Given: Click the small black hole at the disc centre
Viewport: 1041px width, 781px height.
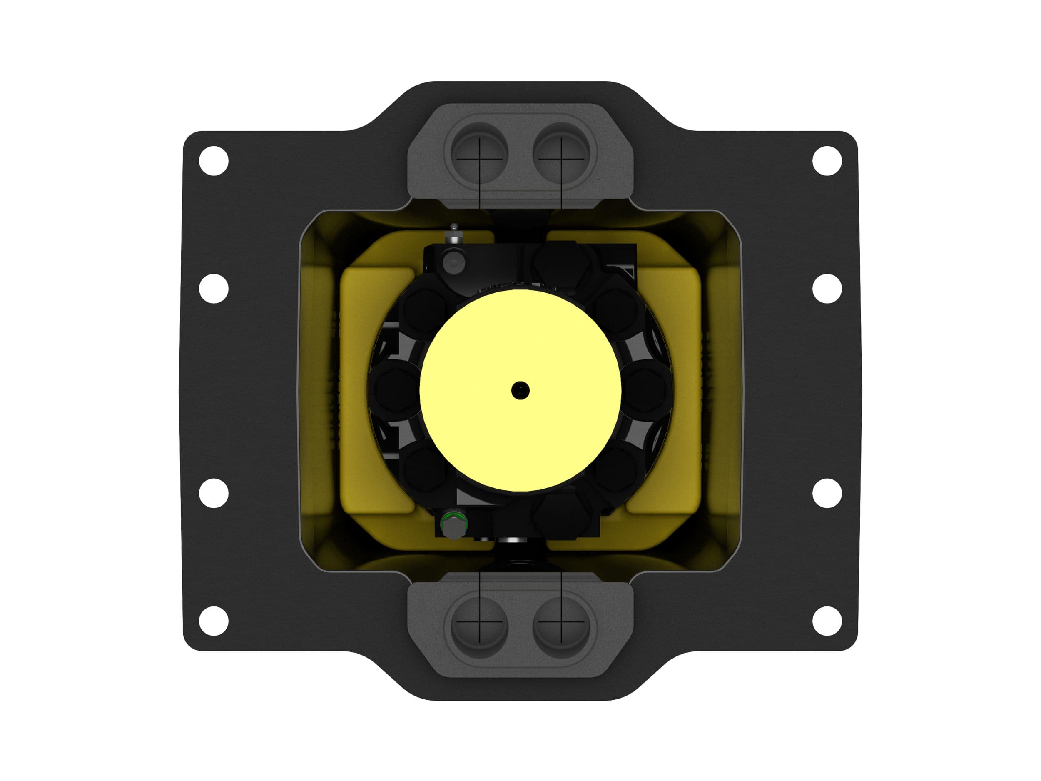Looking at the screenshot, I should click(x=520, y=390).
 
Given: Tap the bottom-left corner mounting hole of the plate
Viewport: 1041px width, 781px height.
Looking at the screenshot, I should click(x=214, y=621).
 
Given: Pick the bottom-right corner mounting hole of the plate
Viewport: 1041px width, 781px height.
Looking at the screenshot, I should click(x=827, y=621).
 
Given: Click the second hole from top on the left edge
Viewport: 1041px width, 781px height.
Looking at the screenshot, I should click(x=214, y=289).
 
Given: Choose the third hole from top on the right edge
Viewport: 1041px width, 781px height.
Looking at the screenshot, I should click(x=827, y=493).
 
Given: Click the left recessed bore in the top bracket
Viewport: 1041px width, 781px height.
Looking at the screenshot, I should click(x=479, y=153).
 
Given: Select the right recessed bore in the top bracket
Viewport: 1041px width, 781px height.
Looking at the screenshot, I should click(x=561, y=153).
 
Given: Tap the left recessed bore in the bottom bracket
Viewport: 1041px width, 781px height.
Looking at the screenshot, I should click(x=479, y=628).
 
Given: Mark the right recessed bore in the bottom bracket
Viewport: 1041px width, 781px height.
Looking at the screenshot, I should click(x=561, y=628).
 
